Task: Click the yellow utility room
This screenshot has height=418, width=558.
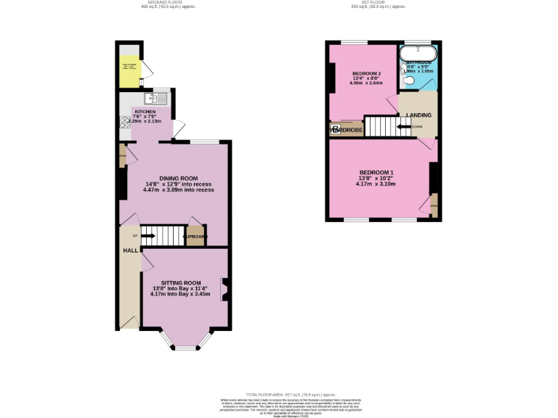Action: click(131, 70)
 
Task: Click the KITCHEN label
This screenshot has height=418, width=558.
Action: click(145, 112)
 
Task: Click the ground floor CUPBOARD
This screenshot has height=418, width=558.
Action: click(195, 237)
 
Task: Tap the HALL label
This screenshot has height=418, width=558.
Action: click(130, 250)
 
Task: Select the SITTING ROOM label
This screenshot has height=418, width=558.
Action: click(181, 282)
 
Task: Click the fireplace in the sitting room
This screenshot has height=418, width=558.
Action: click(225, 290)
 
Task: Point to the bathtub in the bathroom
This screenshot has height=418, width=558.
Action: click(418, 53)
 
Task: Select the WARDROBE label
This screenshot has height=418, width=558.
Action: click(347, 130)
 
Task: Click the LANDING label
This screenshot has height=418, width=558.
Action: click(418, 115)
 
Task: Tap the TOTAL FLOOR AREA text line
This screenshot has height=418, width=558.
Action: click(278, 392)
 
